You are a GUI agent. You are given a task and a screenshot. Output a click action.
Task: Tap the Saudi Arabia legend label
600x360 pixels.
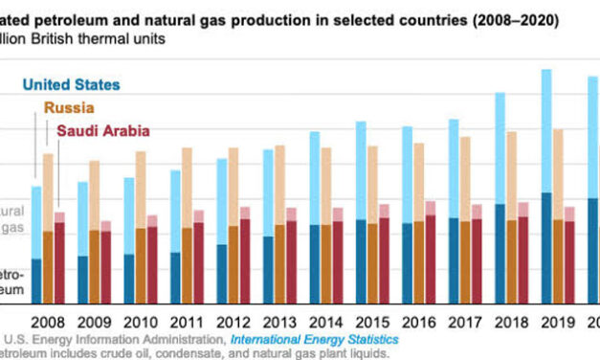point(103,132)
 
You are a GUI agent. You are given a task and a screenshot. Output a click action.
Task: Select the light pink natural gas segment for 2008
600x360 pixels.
point(59,217)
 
